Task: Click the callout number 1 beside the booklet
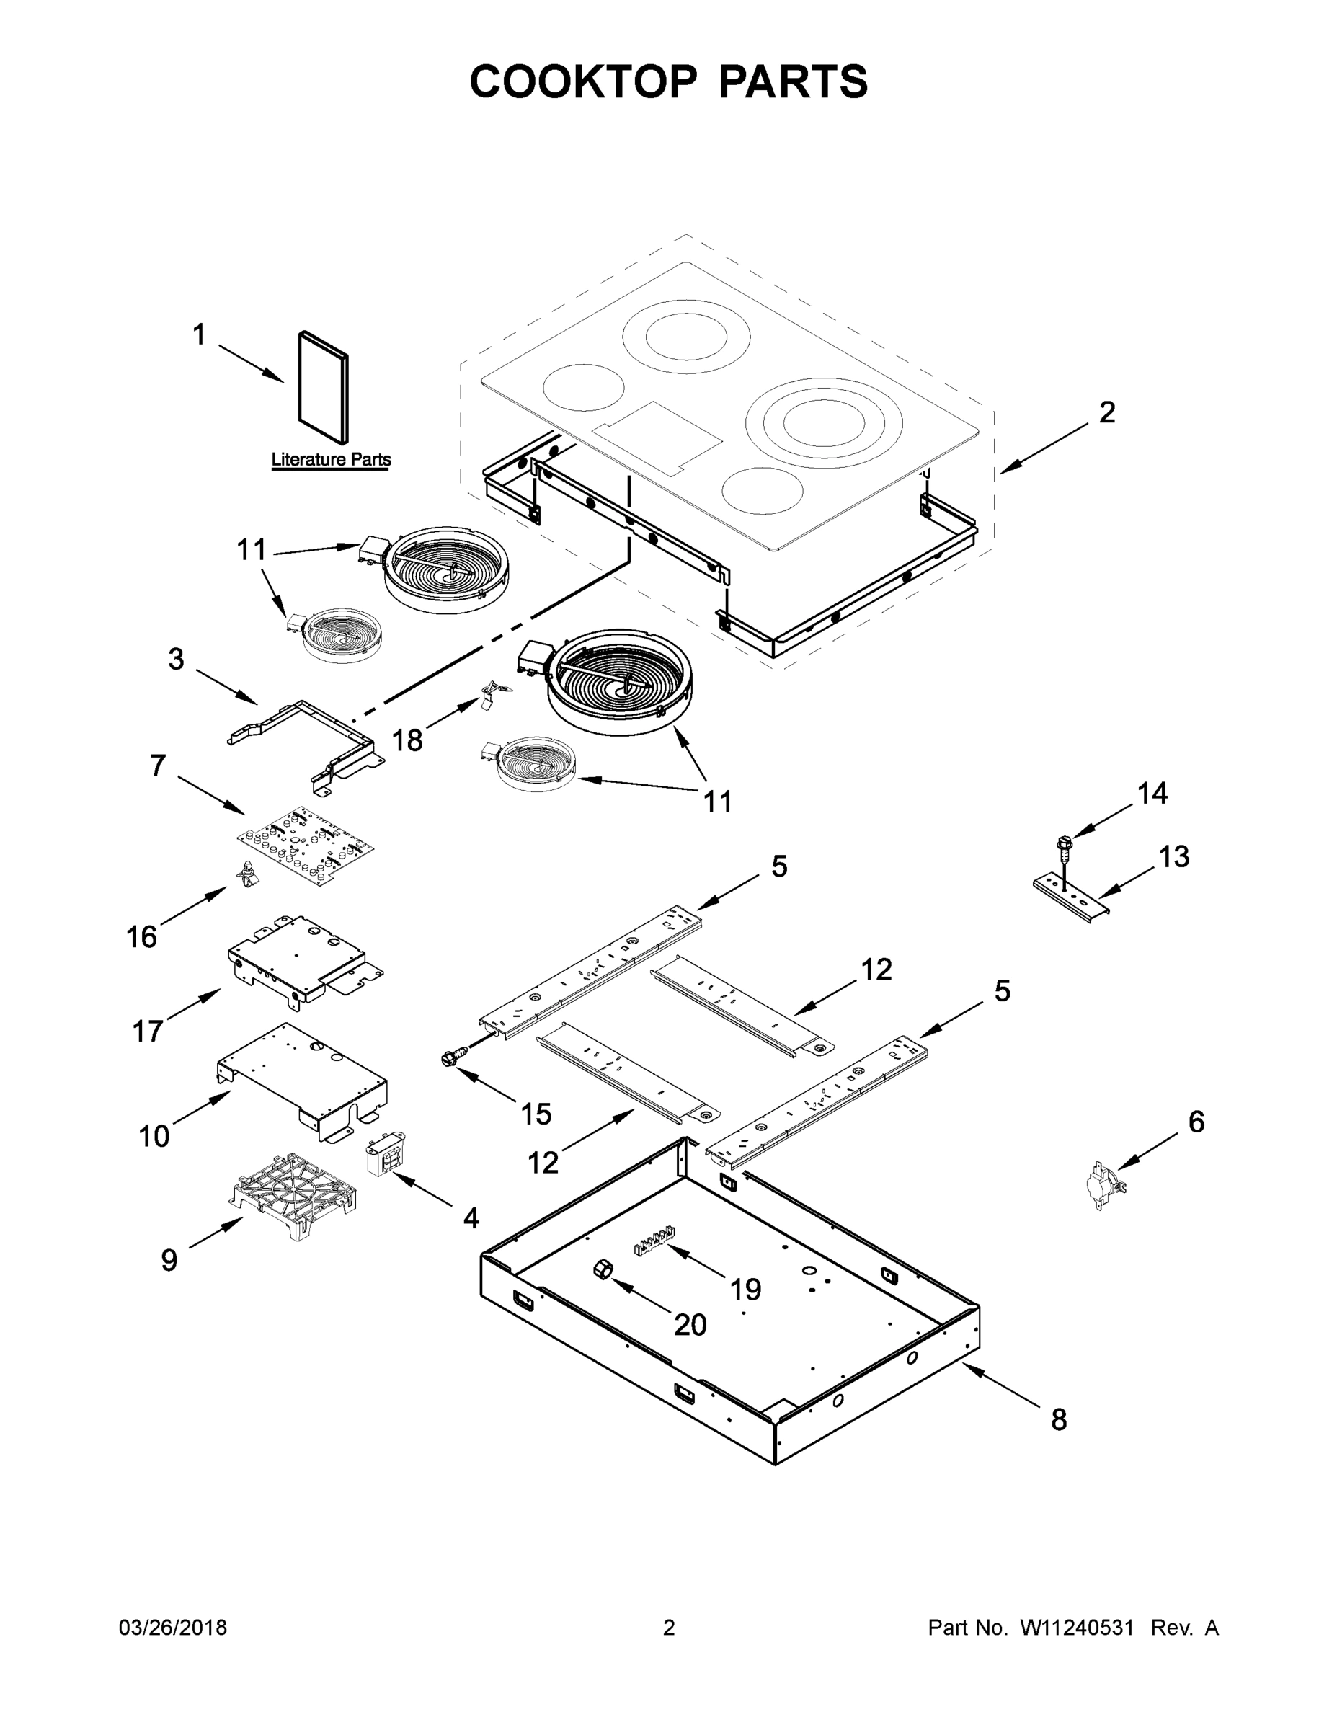[x=199, y=335]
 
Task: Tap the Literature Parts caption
[x=331, y=459]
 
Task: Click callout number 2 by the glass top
[x=1106, y=413]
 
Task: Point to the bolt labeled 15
[x=452, y=1057]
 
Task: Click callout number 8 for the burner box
[x=1059, y=1419]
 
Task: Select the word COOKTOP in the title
[x=584, y=81]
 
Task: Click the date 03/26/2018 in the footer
[x=173, y=1628]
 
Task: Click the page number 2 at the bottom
[x=669, y=1628]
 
